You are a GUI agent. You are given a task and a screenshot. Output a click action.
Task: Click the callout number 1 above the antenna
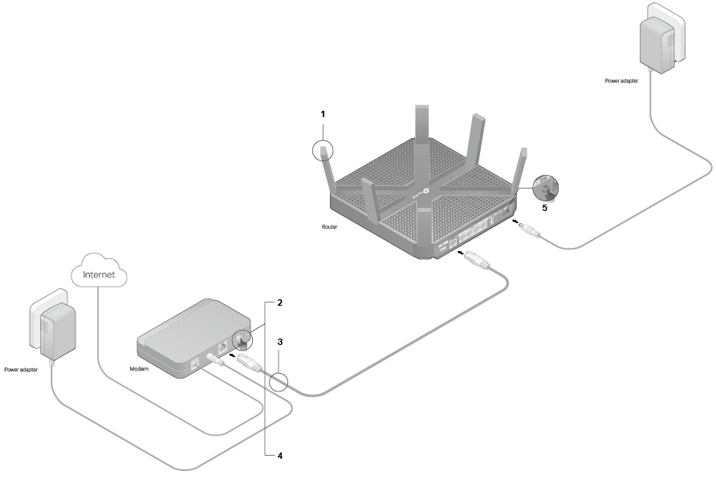(323, 114)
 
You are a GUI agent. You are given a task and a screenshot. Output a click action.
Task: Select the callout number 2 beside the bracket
(279, 303)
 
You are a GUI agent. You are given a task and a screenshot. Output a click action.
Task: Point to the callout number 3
(279, 341)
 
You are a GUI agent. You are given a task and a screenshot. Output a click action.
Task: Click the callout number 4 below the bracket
(279, 456)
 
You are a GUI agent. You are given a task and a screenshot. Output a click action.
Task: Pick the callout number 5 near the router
(544, 208)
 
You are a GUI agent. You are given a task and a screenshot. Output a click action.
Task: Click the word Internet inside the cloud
(100, 274)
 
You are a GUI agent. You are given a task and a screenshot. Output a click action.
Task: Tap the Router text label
(328, 228)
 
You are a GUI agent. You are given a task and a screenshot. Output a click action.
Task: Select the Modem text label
(139, 370)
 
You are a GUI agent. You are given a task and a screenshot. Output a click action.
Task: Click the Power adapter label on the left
(21, 371)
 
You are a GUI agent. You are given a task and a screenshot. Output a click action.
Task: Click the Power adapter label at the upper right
(622, 81)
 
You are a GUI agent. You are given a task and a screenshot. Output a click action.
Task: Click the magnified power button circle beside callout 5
(546, 188)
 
